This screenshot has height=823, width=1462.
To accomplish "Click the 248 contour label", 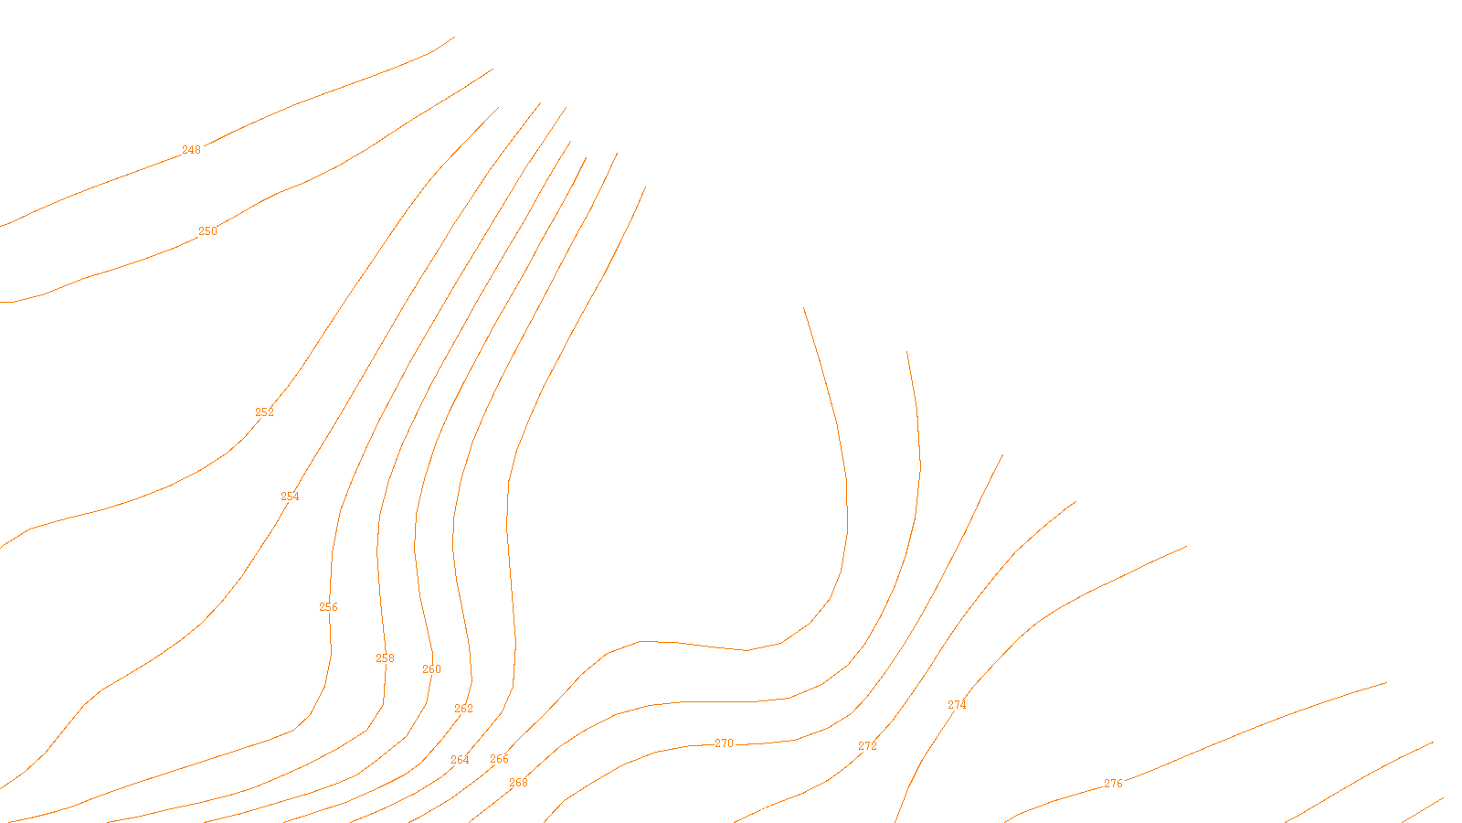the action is tap(191, 150).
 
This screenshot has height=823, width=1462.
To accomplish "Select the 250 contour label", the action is tap(208, 231).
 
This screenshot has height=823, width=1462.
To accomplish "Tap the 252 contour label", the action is tap(264, 412).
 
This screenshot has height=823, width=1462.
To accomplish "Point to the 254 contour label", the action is tap(290, 497).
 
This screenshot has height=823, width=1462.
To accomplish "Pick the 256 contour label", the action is tap(328, 607).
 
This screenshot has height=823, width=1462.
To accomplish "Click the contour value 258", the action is tap(385, 658).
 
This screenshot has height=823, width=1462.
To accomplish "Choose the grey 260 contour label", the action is tap(431, 669).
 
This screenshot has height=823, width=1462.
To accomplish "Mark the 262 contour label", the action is tap(463, 709).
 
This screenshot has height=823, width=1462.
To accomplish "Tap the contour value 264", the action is tap(460, 760).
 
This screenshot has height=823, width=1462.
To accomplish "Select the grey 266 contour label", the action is tap(499, 759).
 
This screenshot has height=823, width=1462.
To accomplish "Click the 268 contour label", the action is tap(518, 783).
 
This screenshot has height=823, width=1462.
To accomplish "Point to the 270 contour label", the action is tap(724, 743).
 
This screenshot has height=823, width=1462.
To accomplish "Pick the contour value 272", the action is tap(867, 746).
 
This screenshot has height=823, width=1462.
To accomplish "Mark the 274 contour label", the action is tap(957, 705).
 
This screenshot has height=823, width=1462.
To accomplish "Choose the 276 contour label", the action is tap(1113, 784).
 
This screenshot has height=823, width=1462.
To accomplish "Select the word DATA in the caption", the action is tap(772, 808).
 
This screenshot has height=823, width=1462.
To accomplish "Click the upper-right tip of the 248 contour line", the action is tap(454, 37).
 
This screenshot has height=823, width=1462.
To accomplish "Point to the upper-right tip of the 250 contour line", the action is tap(493, 69).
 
